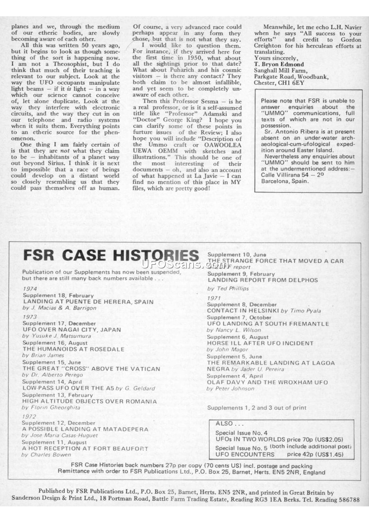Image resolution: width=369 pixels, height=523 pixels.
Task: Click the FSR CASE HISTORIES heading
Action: pos(111,255)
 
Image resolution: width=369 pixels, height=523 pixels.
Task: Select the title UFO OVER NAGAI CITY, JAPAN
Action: pos(71,330)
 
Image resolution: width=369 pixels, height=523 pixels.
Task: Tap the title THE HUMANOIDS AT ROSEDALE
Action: pos(67,349)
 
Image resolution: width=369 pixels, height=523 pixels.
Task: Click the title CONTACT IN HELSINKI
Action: pos(243,311)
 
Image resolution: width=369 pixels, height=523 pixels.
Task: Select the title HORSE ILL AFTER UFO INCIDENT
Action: pos(260,343)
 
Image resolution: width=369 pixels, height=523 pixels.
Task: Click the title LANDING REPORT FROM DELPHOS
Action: pos(262,280)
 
